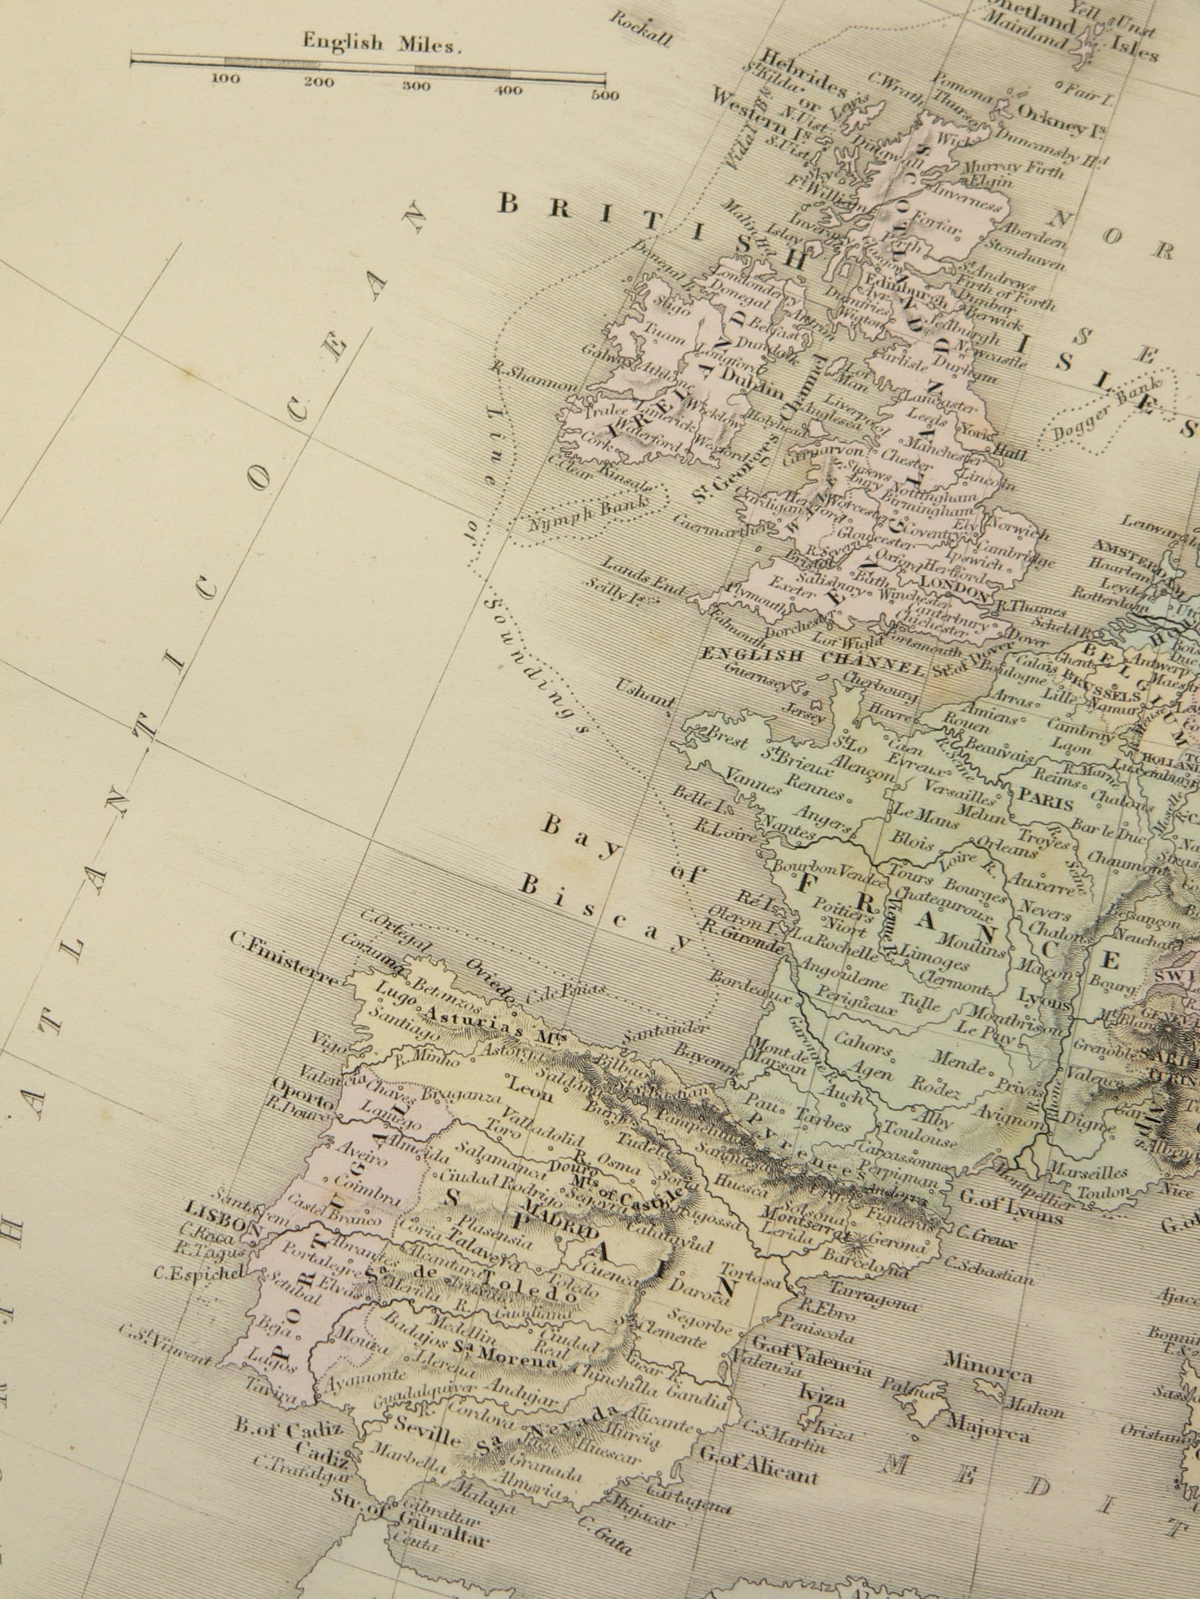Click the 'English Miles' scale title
coord(381,44)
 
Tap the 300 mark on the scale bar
coord(415,85)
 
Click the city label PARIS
coord(1046,798)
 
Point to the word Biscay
coord(605,913)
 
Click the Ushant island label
coord(644,693)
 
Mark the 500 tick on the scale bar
coord(605,95)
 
